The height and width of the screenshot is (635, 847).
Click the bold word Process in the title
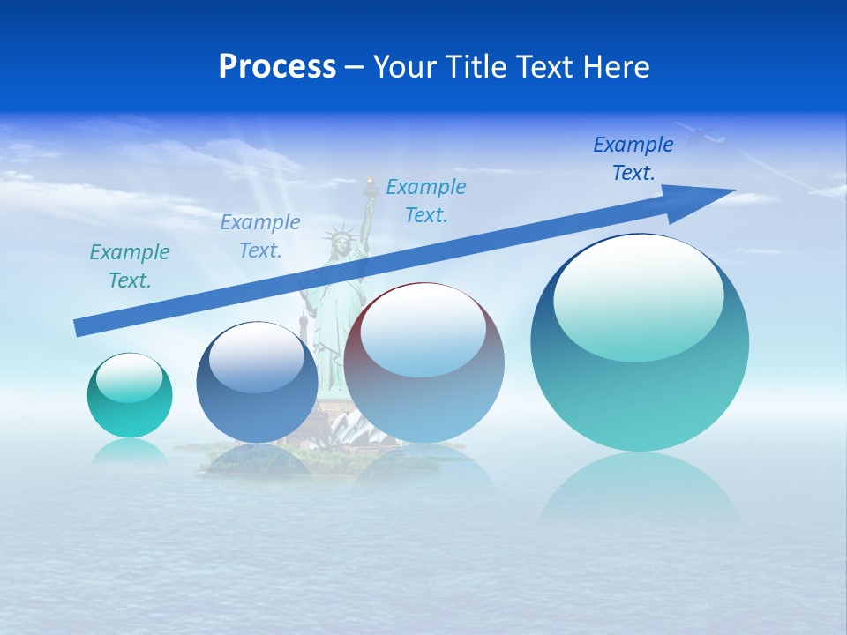(x=277, y=67)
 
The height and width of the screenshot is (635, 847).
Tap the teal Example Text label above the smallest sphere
(x=130, y=266)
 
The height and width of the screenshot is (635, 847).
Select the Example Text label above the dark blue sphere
(x=260, y=236)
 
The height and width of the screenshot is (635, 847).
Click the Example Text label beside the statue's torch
(x=426, y=201)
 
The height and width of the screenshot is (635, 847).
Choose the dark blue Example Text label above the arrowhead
(x=633, y=159)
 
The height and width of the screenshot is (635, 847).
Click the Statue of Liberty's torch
(x=369, y=184)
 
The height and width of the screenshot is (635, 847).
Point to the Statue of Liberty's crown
(x=339, y=235)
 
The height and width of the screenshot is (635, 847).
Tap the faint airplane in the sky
(x=701, y=135)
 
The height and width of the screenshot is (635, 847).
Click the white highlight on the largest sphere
(x=639, y=297)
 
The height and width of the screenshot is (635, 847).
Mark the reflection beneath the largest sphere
(x=640, y=489)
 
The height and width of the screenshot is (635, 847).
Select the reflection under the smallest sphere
(x=130, y=451)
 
